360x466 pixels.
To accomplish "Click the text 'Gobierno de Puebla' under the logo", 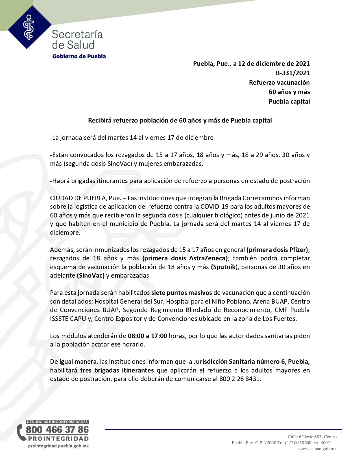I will [x=79, y=56].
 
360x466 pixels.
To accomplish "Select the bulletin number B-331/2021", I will [x=293, y=73].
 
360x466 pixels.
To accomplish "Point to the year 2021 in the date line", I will [x=302, y=64].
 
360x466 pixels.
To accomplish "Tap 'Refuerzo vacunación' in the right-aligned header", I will [x=279, y=82].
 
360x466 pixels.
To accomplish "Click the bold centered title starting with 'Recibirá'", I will [x=180, y=120].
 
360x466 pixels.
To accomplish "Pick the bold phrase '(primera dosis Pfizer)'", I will [x=277, y=250].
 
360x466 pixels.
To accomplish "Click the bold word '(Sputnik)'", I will [x=223, y=267].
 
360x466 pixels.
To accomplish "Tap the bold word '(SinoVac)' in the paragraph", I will [x=91, y=275].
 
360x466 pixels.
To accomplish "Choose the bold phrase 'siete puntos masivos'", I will [x=182, y=293].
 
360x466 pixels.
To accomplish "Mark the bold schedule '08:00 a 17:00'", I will [x=147, y=336].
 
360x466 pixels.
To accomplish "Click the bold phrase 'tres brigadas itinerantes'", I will [x=117, y=370].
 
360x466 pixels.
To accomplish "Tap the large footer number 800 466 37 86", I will [x=57, y=430].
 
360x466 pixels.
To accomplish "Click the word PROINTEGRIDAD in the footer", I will [x=58, y=439].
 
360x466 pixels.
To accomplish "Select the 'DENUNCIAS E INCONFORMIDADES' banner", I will [x=57, y=422].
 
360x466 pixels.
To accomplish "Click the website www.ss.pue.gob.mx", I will [x=317, y=449].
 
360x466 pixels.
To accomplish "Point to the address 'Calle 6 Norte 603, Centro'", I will [x=312, y=437].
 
